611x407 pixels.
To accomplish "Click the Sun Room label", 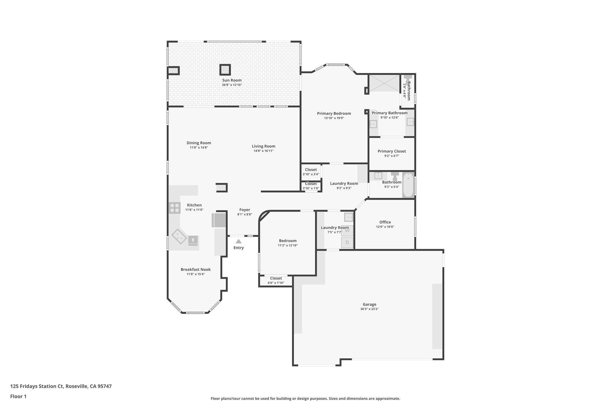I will [x=232, y=80].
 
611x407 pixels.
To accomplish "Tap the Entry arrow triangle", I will [x=238, y=242].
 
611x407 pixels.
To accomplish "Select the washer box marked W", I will [x=347, y=230].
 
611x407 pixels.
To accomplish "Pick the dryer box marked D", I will [x=347, y=242].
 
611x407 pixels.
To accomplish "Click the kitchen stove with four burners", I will [x=175, y=208].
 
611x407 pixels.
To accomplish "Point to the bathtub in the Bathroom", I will [x=408, y=185].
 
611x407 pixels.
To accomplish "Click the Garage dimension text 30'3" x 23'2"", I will [x=369, y=309].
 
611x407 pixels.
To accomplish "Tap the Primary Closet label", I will [x=391, y=151].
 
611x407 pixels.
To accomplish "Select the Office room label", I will [x=385, y=222].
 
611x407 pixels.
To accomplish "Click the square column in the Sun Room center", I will [x=225, y=70].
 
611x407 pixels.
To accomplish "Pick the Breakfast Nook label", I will [x=195, y=270].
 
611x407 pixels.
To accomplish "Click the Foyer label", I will [x=245, y=210].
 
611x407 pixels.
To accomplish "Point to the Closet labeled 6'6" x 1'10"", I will [x=276, y=281].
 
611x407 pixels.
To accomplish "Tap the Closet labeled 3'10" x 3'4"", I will [x=311, y=172].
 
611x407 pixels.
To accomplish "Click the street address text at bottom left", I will [x=61, y=386].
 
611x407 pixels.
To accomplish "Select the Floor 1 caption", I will [x=18, y=396].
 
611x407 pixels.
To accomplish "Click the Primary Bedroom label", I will [x=334, y=113].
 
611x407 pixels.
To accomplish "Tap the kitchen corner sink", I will [x=179, y=236].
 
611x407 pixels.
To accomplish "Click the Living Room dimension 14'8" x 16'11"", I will [x=263, y=151].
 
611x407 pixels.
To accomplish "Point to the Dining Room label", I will [x=199, y=143].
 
